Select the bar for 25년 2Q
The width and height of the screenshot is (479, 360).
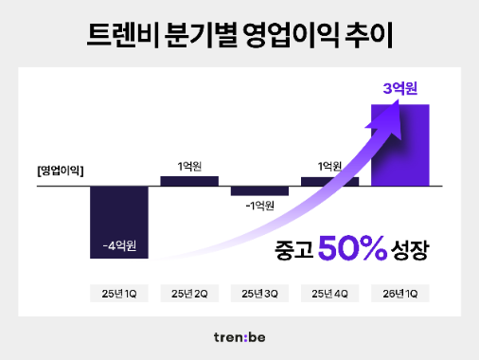coord(189,181)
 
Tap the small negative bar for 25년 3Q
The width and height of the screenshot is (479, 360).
coord(259,191)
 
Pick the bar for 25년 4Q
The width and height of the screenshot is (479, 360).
coord(329,181)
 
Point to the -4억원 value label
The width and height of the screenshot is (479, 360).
coord(119,246)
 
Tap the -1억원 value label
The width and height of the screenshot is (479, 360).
coord(259,206)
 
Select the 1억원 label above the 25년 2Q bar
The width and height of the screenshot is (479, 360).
coord(189,166)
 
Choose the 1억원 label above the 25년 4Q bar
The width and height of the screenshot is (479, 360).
coord(329,166)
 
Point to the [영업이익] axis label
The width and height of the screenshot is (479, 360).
coord(60,171)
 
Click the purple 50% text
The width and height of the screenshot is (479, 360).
coord(352,249)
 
